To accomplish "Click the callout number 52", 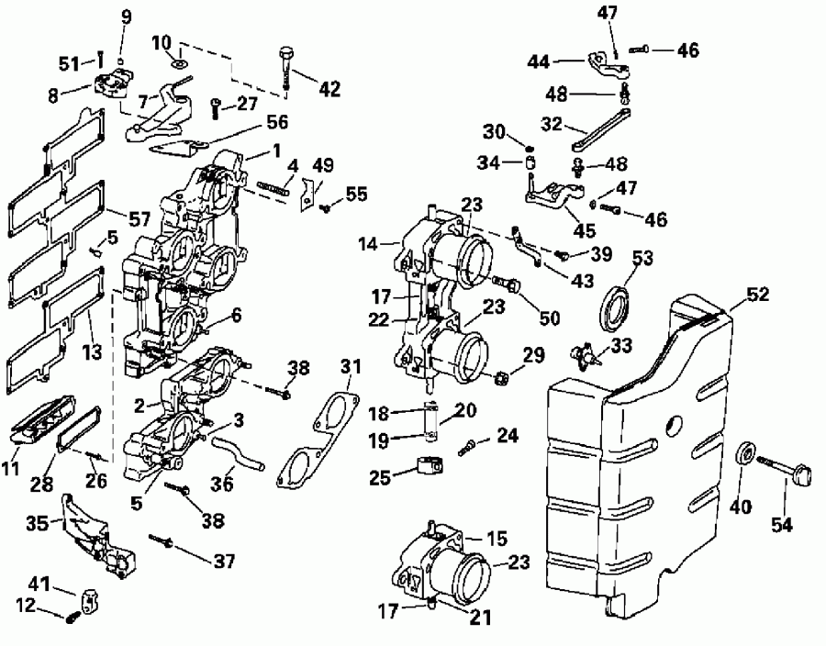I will click(x=757, y=295).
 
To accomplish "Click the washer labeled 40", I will click(x=747, y=454).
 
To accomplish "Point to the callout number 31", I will click(x=345, y=367).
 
